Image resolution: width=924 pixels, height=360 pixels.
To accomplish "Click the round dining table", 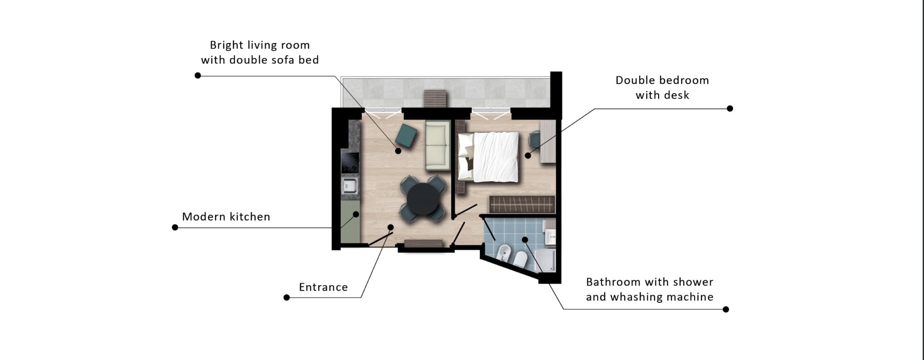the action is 423,199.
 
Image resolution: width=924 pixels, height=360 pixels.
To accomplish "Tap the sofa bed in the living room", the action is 438,145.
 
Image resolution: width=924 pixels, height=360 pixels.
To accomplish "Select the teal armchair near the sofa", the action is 406,135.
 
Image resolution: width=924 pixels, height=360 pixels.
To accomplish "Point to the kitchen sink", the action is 350,186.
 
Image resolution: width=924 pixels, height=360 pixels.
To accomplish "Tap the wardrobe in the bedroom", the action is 522,204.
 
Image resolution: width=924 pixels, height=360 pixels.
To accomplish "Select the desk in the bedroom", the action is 547,141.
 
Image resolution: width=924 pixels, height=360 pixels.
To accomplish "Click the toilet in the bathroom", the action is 520,259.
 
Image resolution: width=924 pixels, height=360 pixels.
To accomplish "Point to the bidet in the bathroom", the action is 504,253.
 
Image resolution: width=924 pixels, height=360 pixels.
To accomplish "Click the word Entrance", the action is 324,287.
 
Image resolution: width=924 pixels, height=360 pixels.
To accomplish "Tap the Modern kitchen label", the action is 226,217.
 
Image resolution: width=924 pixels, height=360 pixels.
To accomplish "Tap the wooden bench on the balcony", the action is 435,98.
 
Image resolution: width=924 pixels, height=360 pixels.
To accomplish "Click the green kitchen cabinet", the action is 350,222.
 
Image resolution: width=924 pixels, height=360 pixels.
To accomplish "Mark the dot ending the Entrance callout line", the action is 287,297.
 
